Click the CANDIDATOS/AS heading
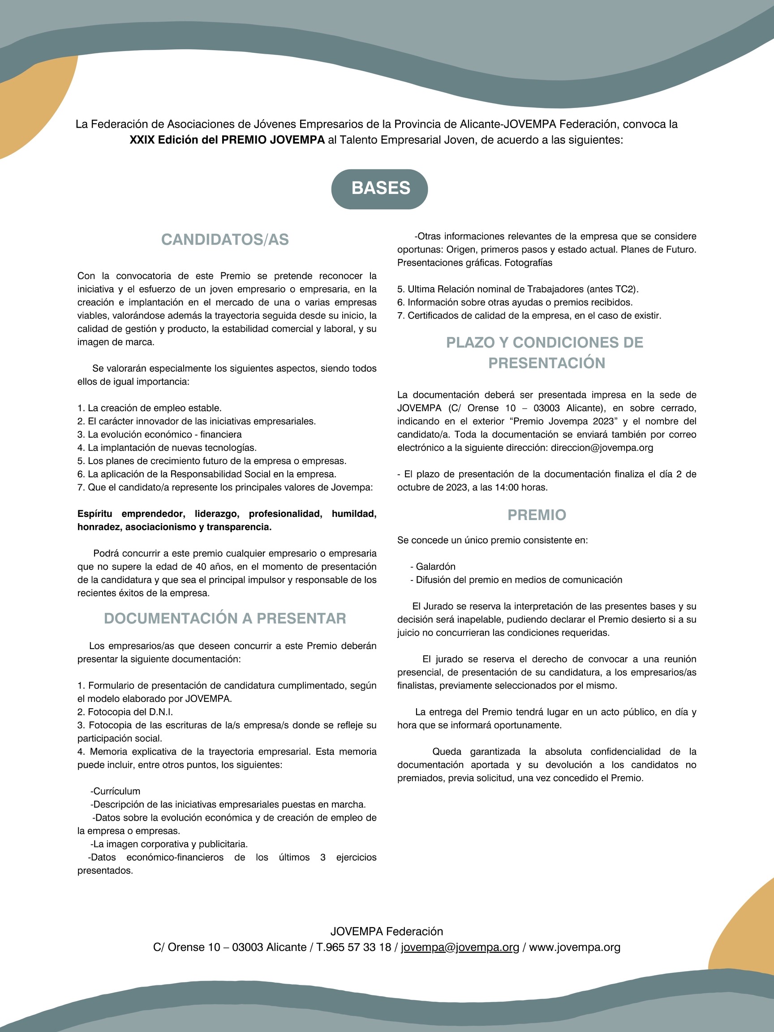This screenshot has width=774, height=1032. point(225,239)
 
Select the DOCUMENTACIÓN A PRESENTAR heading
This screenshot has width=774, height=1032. point(225,618)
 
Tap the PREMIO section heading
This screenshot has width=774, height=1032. point(537,515)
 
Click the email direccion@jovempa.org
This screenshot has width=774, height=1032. point(602,447)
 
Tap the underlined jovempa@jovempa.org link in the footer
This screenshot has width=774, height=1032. point(460,947)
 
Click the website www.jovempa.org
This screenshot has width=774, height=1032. point(574,947)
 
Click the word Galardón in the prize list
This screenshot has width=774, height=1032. point(435,566)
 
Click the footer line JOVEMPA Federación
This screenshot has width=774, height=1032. point(386,931)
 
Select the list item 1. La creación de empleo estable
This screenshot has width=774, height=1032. point(149,408)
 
